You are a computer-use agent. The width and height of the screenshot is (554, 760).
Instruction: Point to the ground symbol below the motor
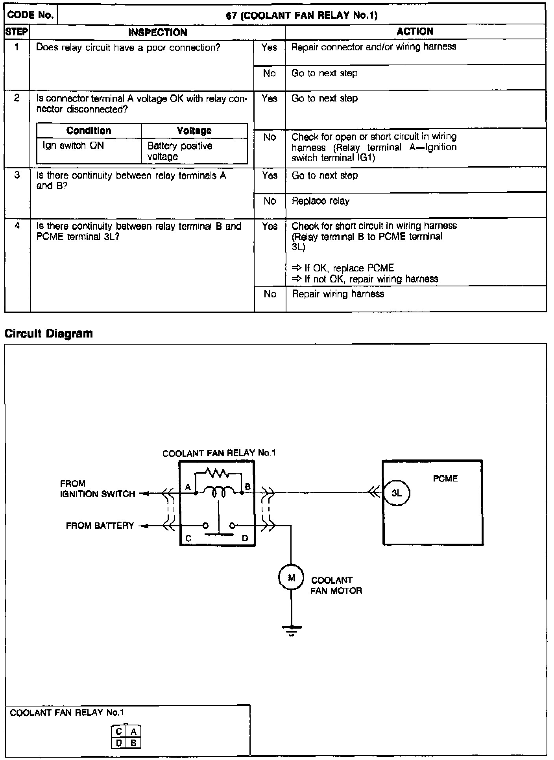pos(292,629)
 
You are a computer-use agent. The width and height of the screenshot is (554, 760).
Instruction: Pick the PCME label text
pos(445,478)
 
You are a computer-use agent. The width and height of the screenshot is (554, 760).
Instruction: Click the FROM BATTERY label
pos(100,526)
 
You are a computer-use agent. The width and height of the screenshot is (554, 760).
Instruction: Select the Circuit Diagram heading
pos(48,334)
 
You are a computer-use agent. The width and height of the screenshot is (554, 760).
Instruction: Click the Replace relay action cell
pos(320,201)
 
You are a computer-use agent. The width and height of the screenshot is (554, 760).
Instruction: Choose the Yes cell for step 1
pos(269,48)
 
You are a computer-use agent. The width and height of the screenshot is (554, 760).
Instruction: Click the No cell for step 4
pos(270,294)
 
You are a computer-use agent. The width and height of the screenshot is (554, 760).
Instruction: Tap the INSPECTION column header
pos(157,33)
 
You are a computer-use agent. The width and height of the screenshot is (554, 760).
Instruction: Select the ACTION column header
pos(415,32)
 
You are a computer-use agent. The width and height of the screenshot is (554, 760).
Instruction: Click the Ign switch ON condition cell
pos(73,146)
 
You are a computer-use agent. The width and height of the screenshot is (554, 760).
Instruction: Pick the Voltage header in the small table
pos(194,131)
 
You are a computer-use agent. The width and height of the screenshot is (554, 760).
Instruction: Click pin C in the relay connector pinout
pos(119,731)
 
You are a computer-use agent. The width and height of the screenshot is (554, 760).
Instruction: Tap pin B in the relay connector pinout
pos(133,742)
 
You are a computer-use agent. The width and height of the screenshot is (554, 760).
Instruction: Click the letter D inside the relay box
pos(245,538)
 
